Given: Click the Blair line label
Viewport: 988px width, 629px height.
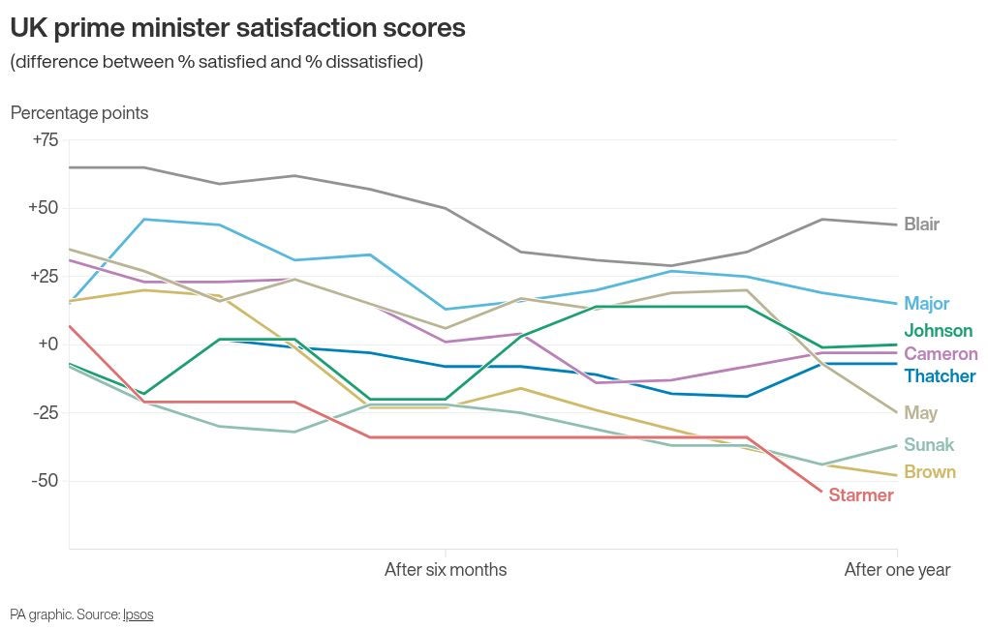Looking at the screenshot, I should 921,225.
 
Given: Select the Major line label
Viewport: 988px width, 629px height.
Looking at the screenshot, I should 926,304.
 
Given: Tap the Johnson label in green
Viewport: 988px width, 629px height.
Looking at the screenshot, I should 938,331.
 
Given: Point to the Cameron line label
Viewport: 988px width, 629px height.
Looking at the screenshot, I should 941,354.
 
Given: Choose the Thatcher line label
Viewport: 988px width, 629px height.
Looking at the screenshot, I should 940,376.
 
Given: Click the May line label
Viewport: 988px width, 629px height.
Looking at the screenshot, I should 920,413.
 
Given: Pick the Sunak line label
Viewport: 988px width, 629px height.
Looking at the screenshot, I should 928,445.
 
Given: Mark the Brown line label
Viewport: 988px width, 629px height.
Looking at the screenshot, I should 929,472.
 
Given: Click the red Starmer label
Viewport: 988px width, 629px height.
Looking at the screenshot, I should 860,495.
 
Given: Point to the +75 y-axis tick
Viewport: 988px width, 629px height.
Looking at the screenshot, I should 45,140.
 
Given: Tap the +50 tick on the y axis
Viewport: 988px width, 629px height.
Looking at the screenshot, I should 44,208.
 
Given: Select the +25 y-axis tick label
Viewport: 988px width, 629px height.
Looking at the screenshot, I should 44,277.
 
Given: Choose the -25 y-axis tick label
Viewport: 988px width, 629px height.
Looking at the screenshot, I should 45,413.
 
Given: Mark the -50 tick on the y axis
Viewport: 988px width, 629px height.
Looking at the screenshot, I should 45,481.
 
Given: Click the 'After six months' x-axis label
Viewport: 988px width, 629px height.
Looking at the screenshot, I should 445,570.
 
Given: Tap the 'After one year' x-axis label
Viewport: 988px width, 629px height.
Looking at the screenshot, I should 897,570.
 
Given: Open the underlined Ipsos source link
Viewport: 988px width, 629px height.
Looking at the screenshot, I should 138,614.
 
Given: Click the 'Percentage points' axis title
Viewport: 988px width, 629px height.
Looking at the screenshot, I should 79,113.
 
